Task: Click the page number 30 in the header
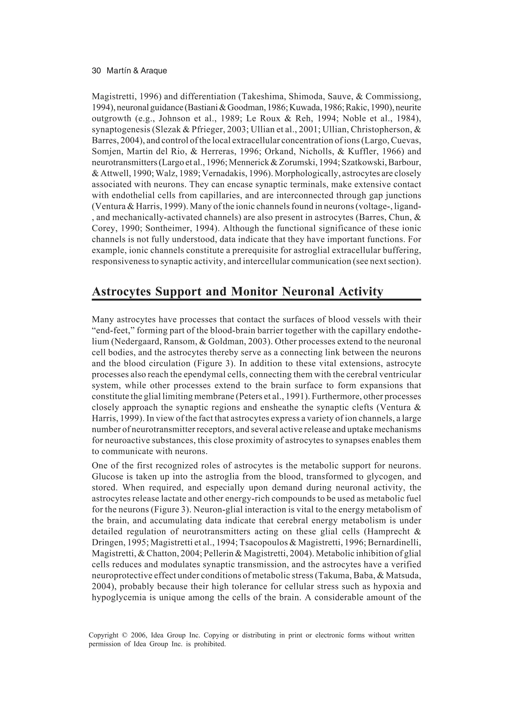[x=96, y=71]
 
